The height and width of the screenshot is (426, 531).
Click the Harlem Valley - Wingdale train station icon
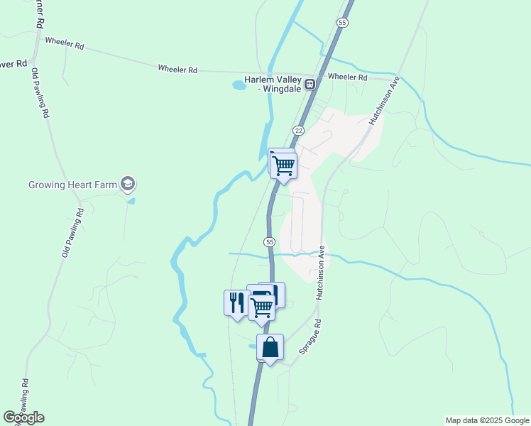point(310,85)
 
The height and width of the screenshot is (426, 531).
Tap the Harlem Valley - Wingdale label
point(273,84)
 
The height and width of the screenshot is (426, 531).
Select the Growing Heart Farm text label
point(72,185)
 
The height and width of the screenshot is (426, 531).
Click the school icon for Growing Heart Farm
point(128,185)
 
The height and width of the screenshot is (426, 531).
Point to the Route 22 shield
point(298,131)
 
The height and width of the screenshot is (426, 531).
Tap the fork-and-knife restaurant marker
point(236,302)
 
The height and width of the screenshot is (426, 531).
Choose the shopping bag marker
point(270,348)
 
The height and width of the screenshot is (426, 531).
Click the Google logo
point(23,417)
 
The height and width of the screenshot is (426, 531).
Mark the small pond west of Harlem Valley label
point(239,86)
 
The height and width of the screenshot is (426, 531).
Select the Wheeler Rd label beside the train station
point(347,77)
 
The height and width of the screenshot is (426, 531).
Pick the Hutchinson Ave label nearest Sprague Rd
point(321,273)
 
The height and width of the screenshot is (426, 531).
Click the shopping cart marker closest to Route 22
point(284,165)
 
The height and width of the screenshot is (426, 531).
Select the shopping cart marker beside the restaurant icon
point(261,307)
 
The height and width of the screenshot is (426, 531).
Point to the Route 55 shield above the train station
point(343,23)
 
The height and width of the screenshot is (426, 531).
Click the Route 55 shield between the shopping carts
point(270,242)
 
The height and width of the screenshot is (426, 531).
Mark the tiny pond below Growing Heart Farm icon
point(131,201)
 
